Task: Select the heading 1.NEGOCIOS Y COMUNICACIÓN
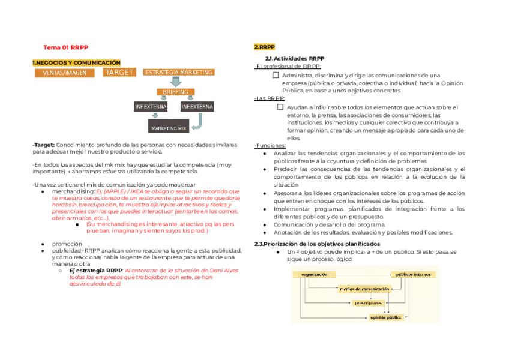click(76, 62)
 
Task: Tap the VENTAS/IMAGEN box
click(65, 73)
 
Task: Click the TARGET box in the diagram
click(119, 72)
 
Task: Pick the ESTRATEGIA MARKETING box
click(178, 72)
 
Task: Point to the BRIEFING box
click(175, 92)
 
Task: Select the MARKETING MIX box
click(169, 128)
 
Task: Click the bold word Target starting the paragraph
click(44, 145)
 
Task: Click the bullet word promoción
click(67, 244)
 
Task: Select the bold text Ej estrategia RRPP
click(96, 271)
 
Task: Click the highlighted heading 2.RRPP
click(264, 47)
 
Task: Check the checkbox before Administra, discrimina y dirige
click(276, 76)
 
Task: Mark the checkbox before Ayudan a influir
click(280, 107)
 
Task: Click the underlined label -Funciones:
click(270, 146)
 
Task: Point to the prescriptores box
click(368, 303)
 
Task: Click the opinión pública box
click(386, 317)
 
